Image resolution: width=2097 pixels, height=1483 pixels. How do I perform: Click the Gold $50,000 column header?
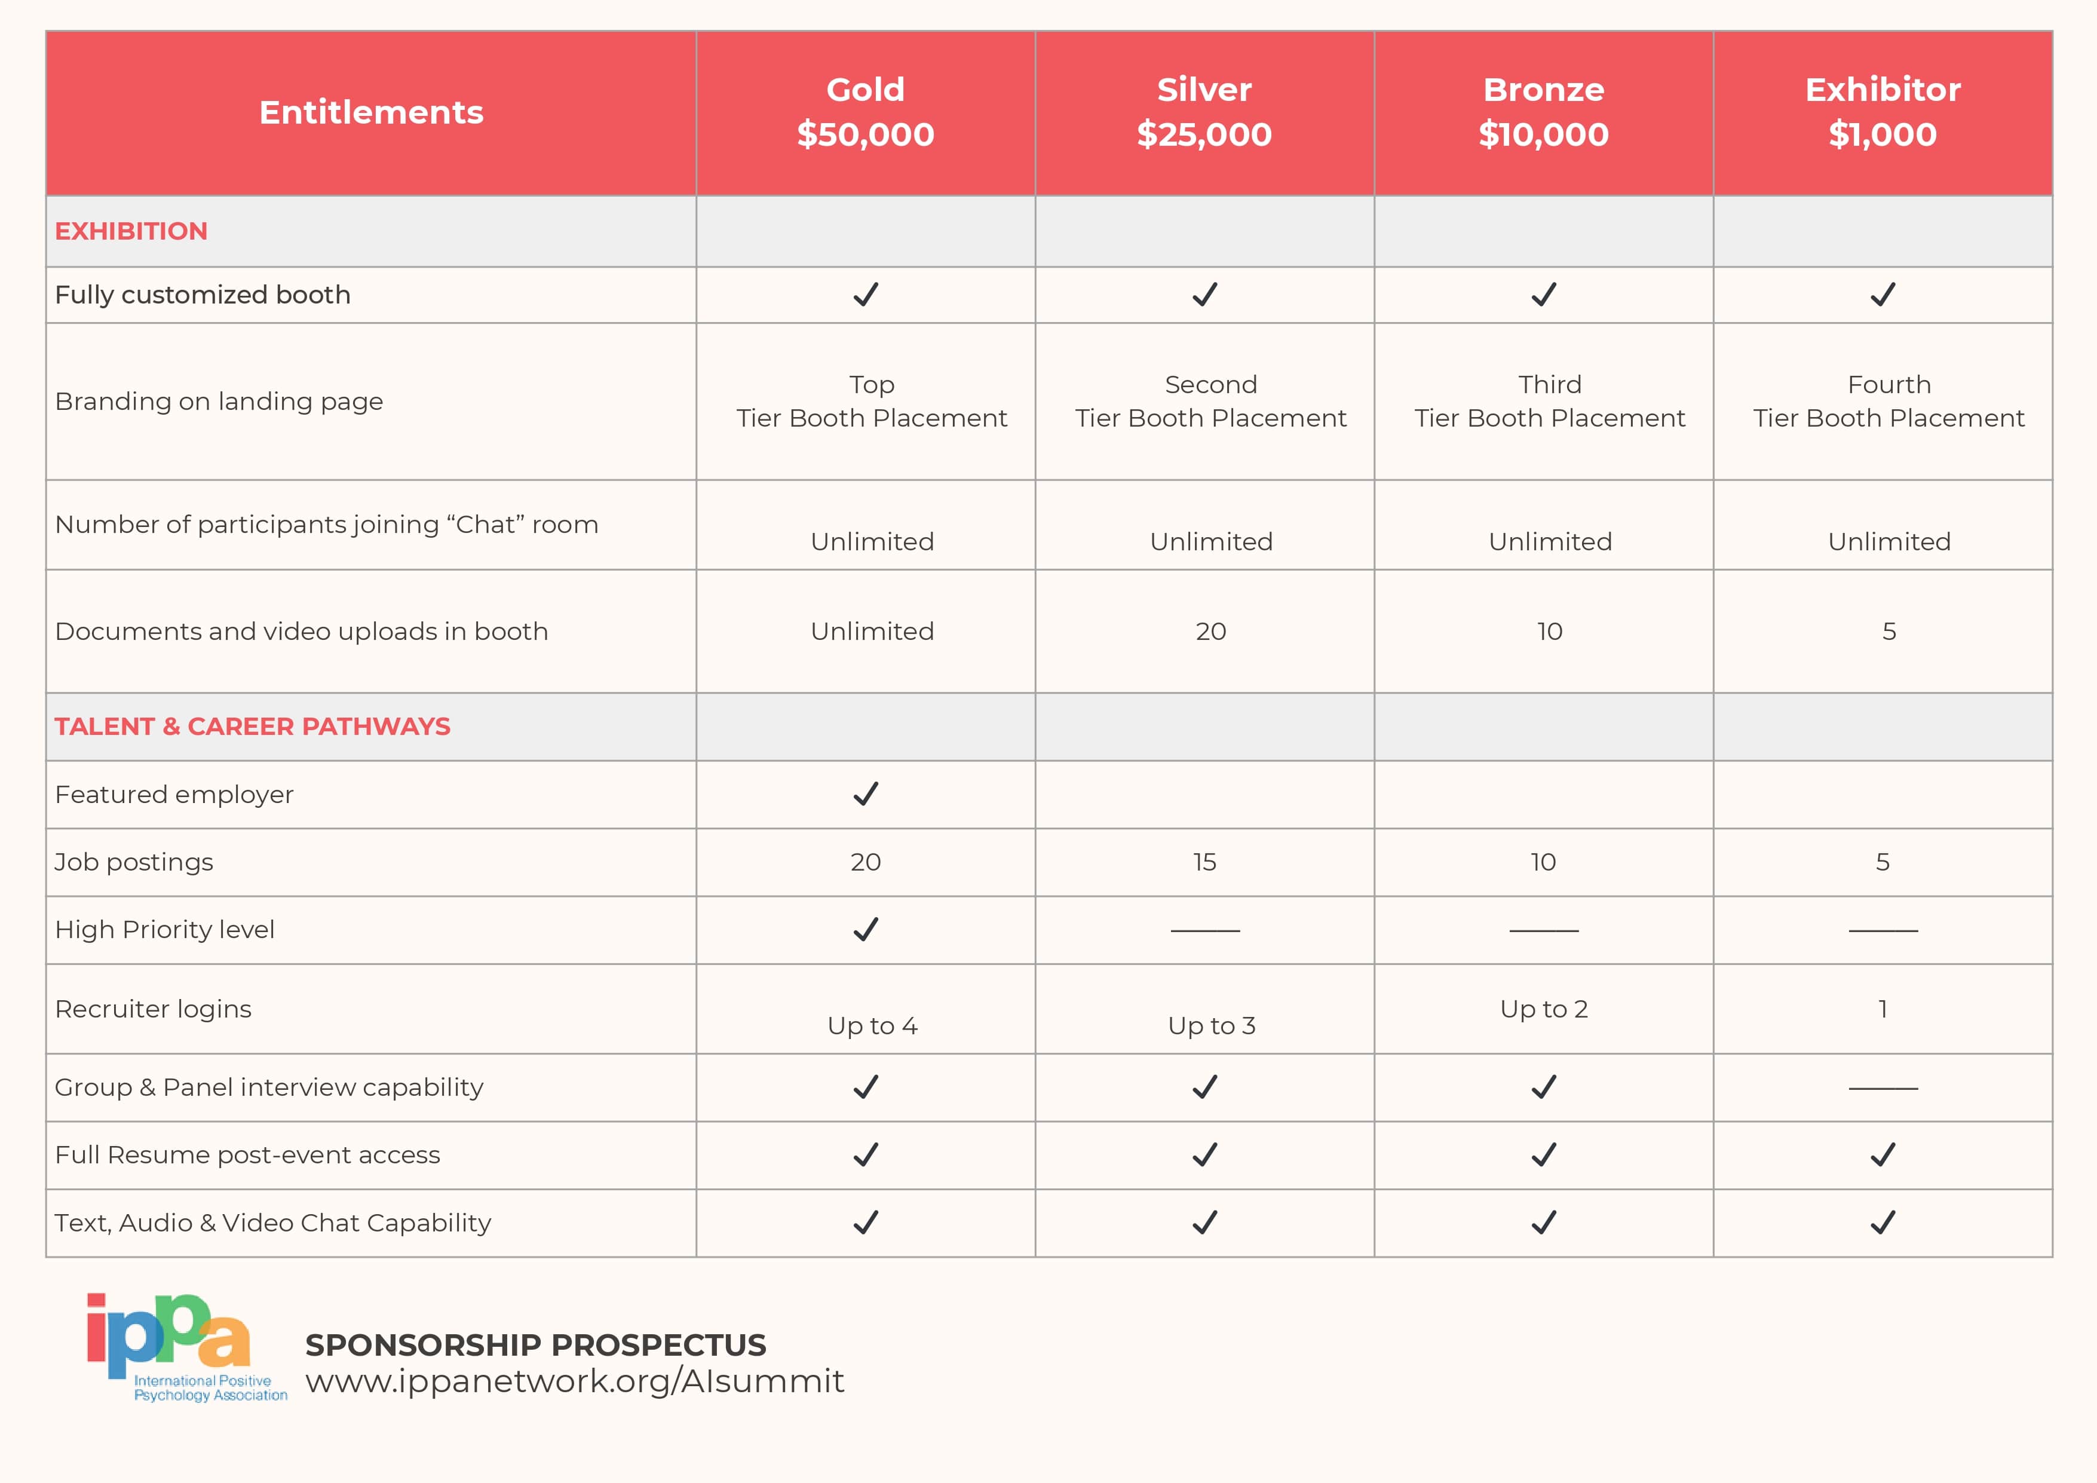pyautogui.click(x=865, y=112)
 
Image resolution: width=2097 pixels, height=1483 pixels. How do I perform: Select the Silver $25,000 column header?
pyautogui.click(x=1204, y=112)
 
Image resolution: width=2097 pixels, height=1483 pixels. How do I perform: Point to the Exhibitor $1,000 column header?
pyautogui.click(x=1883, y=112)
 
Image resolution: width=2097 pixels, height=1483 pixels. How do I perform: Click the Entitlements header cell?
pyautogui.click(x=371, y=112)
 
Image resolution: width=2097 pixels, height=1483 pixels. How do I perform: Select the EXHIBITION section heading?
pyautogui.click(x=131, y=231)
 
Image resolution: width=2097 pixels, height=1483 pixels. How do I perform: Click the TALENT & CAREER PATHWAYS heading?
pyautogui.click(x=252, y=726)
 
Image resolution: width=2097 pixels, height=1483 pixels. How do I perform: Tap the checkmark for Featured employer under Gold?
pyautogui.click(x=865, y=793)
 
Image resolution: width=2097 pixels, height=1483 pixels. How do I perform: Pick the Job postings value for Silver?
pyautogui.click(x=1204, y=862)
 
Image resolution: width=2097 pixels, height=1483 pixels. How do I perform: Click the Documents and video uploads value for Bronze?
pyautogui.click(x=1549, y=631)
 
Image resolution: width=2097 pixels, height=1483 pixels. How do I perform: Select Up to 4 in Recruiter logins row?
pyautogui.click(x=872, y=1025)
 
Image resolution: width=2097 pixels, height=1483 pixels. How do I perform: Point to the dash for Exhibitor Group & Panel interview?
pyautogui.click(x=1883, y=1087)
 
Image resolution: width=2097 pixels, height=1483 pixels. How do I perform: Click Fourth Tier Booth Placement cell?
pyautogui.click(x=1888, y=401)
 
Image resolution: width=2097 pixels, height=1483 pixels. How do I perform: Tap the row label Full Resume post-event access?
pyautogui.click(x=247, y=1155)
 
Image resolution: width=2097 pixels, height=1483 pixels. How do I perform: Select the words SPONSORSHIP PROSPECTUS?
pyautogui.click(x=535, y=1345)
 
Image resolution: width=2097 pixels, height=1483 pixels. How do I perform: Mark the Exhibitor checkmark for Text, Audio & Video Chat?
pyautogui.click(x=1883, y=1222)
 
